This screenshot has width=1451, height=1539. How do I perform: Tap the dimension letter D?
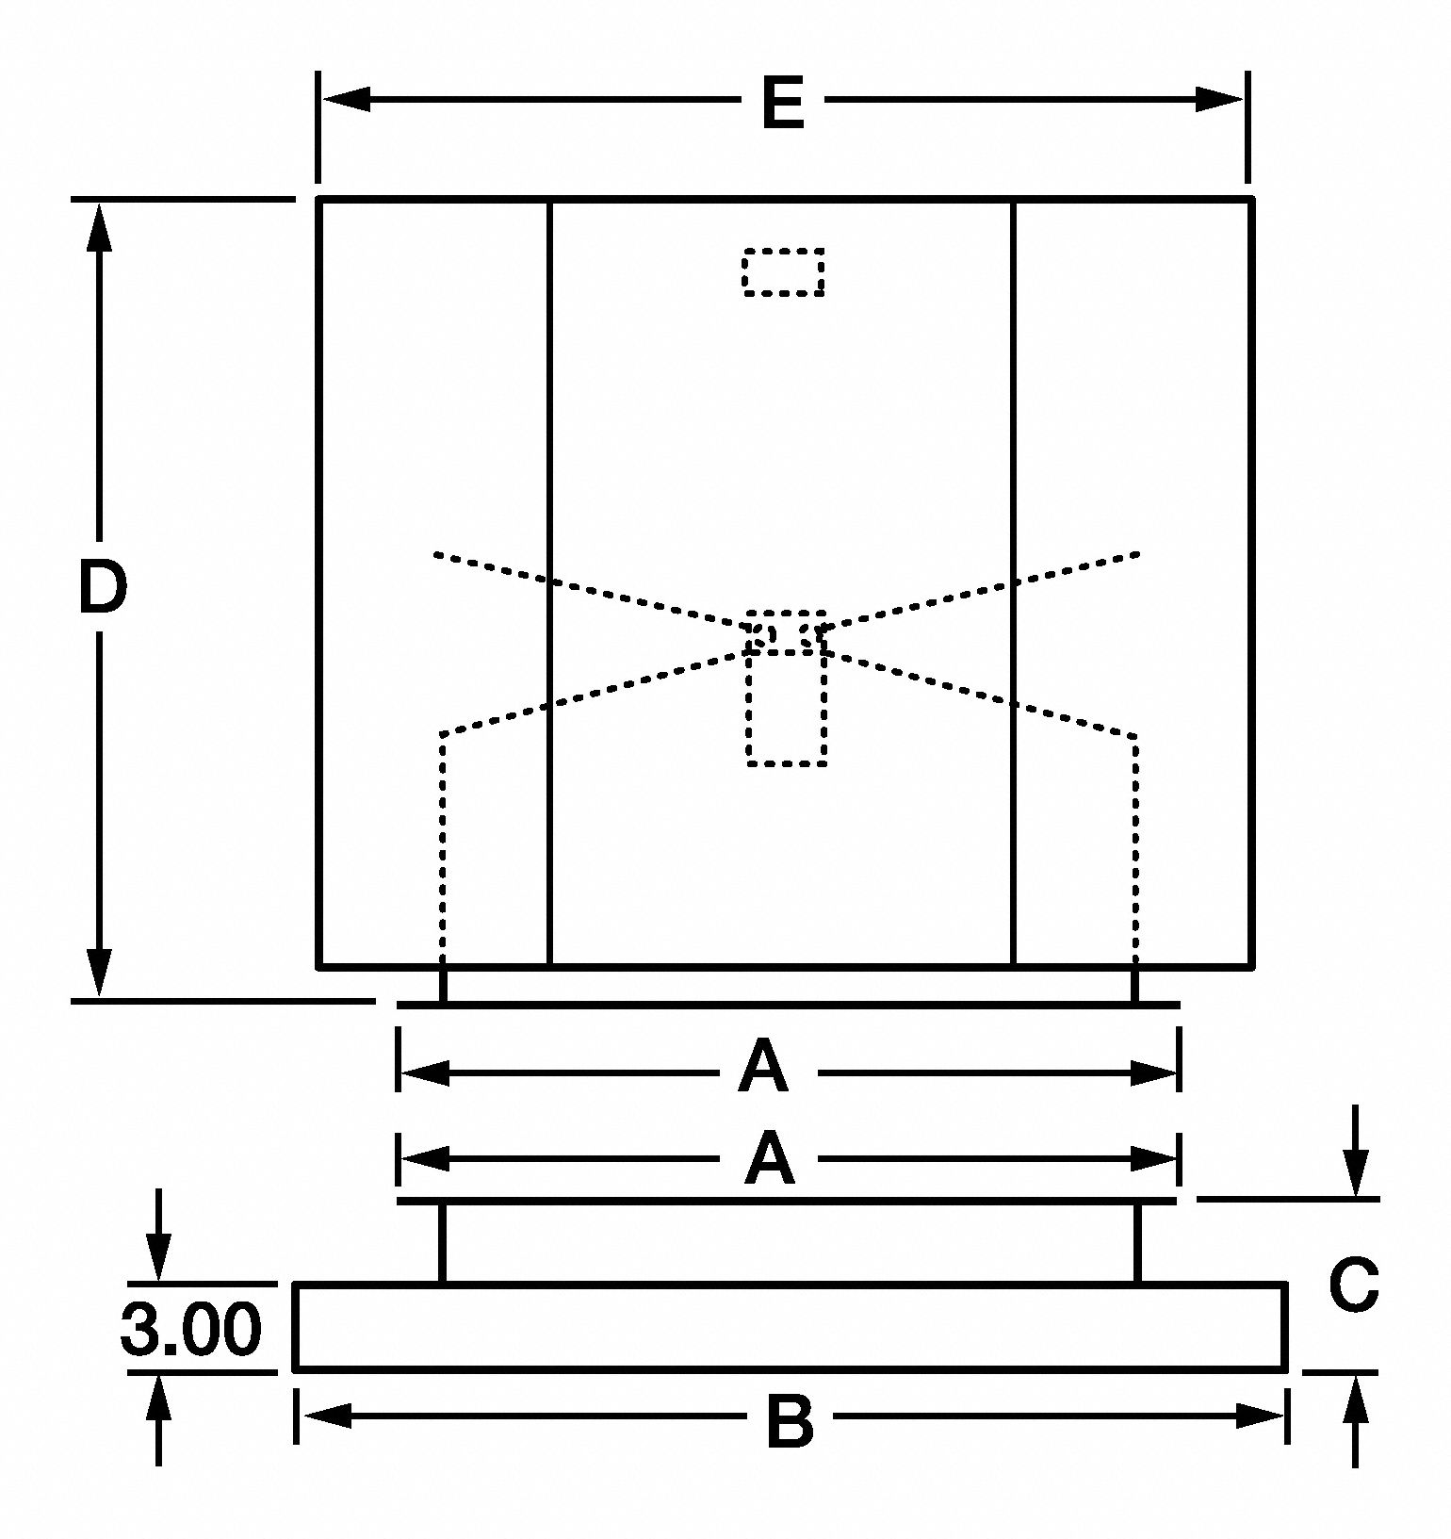pos(101,586)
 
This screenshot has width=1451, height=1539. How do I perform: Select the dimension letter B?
pos(790,1422)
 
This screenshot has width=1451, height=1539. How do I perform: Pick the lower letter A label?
pos(769,1159)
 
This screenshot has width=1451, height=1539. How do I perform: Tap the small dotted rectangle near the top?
pos(783,272)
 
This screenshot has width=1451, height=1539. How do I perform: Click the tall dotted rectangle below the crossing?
pos(787,707)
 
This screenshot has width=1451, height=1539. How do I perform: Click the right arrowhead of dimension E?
pos(1220,99)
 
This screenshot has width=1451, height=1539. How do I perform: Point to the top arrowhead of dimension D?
pos(99,226)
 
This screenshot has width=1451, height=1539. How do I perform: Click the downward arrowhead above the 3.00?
pos(158,1257)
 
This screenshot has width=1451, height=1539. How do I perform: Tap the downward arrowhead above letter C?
pos(1356,1174)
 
